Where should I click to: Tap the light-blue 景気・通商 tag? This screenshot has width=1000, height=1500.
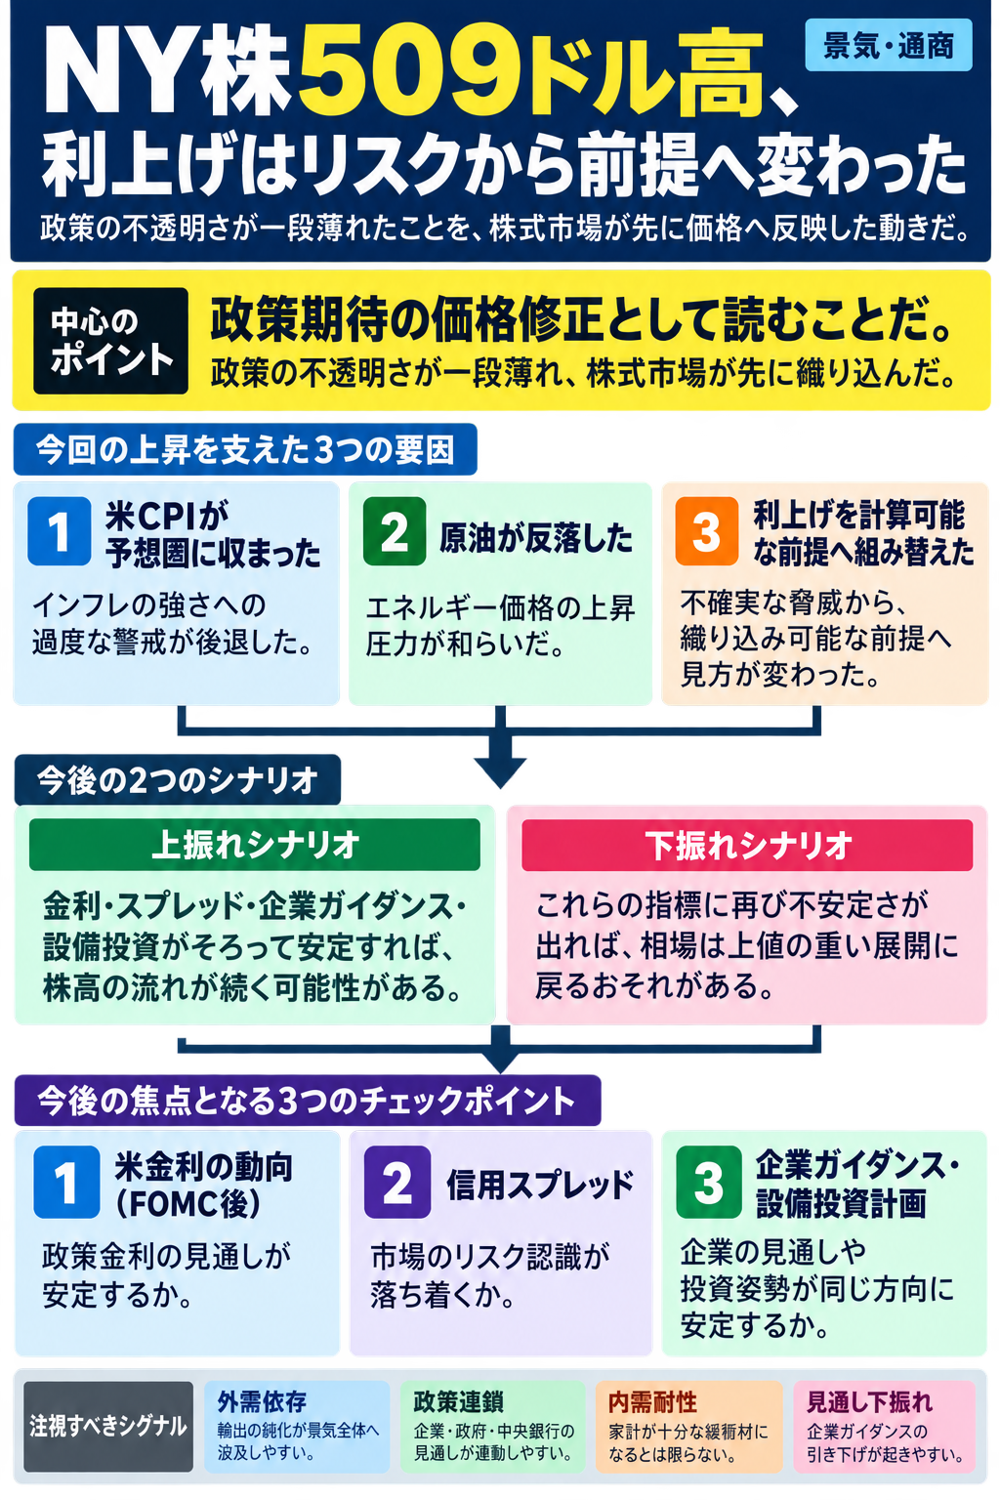[x=888, y=46]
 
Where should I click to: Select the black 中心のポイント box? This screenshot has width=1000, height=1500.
[x=110, y=340]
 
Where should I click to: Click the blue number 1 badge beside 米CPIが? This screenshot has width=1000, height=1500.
[x=59, y=531]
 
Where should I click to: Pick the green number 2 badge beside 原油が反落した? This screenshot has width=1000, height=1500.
[x=395, y=531]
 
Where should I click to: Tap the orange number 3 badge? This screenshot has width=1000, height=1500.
[x=707, y=531]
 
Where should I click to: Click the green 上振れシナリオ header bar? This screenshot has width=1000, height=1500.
[x=255, y=845]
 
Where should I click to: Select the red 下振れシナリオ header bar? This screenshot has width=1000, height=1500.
[x=747, y=845]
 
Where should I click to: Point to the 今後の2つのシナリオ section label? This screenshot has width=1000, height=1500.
[x=178, y=780]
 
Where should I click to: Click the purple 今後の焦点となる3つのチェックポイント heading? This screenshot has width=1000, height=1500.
[x=308, y=1101]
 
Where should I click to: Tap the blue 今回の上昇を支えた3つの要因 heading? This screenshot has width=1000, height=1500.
[x=245, y=449]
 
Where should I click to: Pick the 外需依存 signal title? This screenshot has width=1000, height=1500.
[x=262, y=1401]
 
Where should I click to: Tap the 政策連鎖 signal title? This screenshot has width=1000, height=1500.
[x=459, y=1401]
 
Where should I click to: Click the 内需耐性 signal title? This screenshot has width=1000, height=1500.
[x=653, y=1402]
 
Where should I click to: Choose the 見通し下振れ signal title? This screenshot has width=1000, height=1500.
[x=869, y=1402]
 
